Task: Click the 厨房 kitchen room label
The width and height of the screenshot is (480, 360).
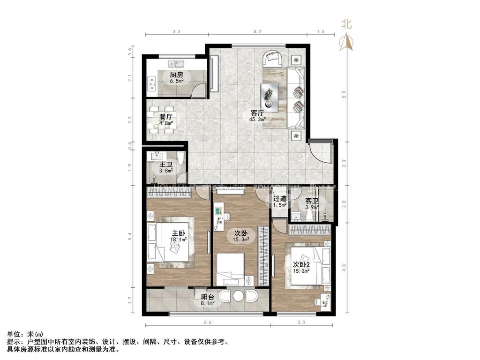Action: (177, 75)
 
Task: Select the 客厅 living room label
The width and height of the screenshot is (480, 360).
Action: (256, 113)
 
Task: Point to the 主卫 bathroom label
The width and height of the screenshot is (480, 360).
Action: (166, 165)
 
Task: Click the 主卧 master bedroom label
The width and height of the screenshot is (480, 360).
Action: (178, 233)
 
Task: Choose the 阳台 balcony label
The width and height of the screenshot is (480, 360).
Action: (208, 297)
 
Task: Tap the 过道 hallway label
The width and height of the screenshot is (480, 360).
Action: (280, 199)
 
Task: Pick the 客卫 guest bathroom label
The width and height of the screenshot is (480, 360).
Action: (312, 201)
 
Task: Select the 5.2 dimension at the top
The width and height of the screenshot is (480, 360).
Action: (257, 31)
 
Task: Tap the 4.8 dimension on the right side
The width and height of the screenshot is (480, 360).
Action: (344, 267)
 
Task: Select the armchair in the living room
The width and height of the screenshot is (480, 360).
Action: (272, 59)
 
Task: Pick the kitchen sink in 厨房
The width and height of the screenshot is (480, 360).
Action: (177, 63)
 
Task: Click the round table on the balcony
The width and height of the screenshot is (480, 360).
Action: (239, 296)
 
